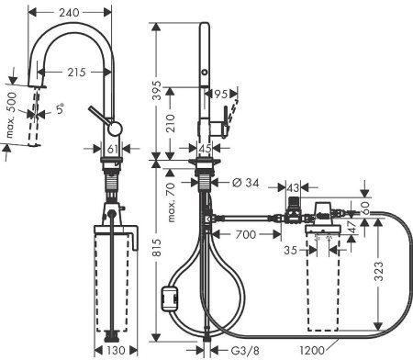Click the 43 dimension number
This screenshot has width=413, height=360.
[294, 187]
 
